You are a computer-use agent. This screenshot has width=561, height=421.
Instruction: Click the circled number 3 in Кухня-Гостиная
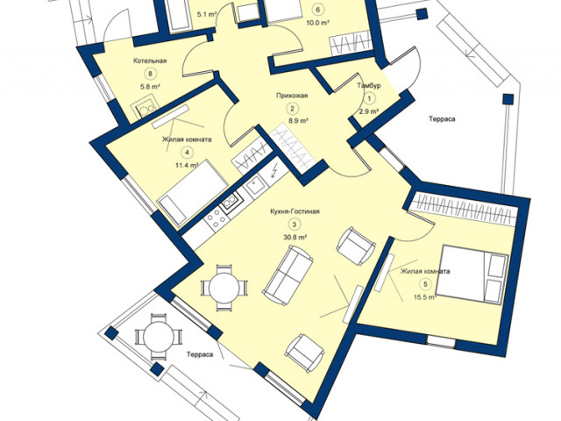pos(295,225)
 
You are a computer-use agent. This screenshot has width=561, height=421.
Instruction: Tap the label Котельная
pos(150,61)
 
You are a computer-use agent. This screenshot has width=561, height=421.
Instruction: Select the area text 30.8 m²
pos(295,237)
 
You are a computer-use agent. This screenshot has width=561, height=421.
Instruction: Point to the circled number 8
pos(150,74)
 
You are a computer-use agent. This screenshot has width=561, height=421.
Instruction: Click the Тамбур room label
pos(369,86)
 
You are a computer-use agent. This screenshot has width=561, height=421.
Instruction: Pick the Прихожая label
pos(292,96)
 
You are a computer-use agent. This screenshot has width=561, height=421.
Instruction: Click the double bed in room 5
pos(472,275)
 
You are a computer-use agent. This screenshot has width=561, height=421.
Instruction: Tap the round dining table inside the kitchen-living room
pos(224,288)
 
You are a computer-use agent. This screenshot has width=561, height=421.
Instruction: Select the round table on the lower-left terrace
pos(159,337)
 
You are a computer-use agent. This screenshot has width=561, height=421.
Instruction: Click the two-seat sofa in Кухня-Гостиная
pos(288,275)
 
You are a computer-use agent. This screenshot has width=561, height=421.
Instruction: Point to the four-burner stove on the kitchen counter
pos(216,218)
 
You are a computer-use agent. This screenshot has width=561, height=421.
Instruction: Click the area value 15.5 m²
pos(424,297)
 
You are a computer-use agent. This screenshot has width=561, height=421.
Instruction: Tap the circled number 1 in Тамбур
pos(369,98)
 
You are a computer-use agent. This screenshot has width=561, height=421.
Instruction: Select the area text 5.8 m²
pos(150,86)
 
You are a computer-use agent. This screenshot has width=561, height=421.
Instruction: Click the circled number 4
pos(187,153)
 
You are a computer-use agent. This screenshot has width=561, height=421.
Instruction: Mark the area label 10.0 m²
pos(317,22)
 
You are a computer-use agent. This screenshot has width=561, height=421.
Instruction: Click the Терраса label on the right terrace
pos(442,119)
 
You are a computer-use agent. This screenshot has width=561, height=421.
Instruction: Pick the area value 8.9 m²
pos(298,121)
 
